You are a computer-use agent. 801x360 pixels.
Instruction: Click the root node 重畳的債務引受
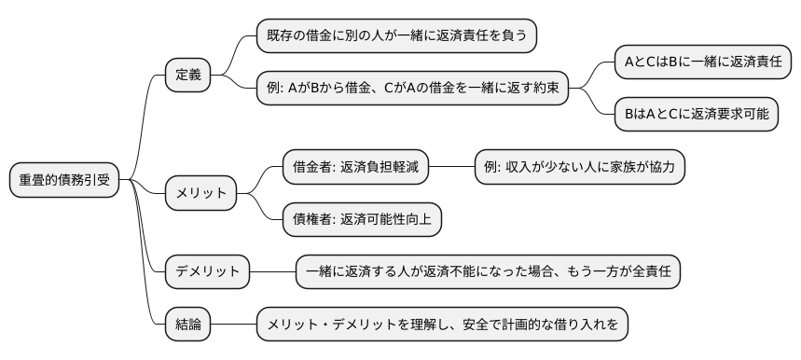(65, 180)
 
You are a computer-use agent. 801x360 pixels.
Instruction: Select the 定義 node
(188, 74)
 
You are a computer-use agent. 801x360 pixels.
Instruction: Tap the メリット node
(201, 193)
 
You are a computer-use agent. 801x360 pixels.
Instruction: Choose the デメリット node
(208, 271)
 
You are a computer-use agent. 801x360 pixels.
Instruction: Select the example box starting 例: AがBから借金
(412, 88)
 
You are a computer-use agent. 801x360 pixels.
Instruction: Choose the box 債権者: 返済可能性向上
(362, 219)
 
